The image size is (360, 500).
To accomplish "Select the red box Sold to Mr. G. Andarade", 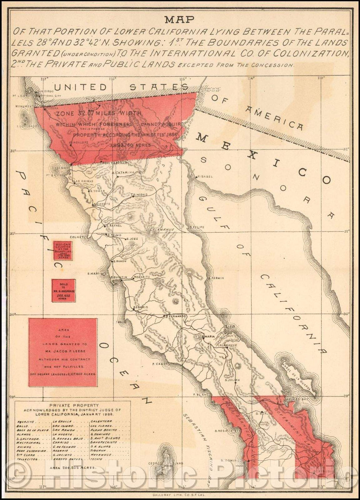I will [63, 291].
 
